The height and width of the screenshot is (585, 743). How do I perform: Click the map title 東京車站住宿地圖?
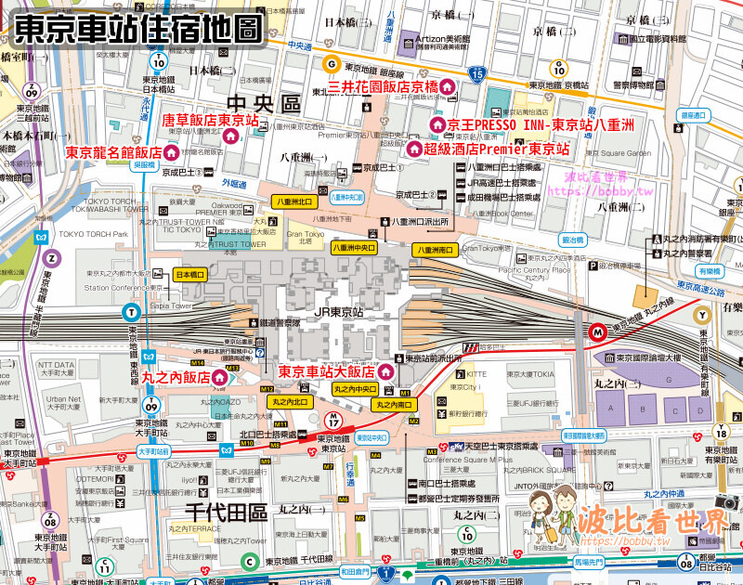pos(137,26)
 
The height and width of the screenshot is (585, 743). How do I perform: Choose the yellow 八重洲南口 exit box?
pos(437,250)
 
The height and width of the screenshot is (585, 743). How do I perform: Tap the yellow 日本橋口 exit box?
pos(191,275)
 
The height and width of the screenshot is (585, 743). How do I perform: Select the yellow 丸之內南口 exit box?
pos(394,405)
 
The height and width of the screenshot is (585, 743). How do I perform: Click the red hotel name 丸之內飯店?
pos(176,378)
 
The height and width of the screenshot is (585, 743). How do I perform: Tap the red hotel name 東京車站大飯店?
pos(330,372)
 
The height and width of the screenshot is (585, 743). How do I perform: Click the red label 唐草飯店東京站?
pos(211,121)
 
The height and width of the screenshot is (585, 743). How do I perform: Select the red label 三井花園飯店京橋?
pos(382,87)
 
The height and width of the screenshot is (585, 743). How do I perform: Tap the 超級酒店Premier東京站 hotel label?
pos(496,149)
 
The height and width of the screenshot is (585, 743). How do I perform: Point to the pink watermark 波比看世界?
pos(650,522)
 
